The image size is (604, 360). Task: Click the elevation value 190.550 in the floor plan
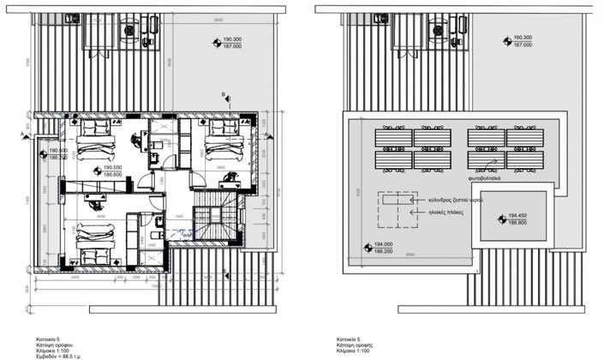click(114, 168)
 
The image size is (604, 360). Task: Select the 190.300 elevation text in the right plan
click(521, 39)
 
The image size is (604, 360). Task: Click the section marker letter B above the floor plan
click(223, 93)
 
